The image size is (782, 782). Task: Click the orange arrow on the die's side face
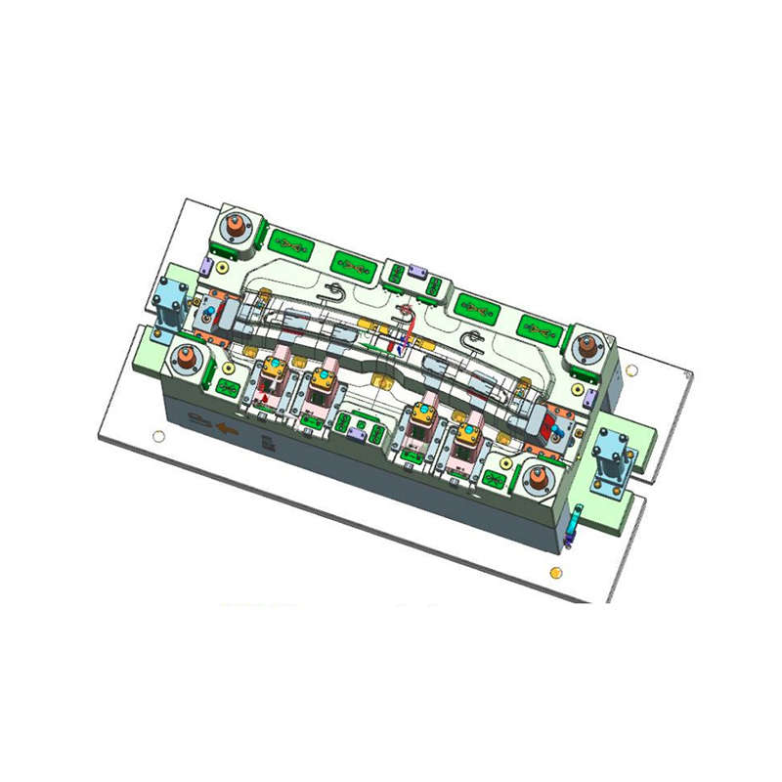229,428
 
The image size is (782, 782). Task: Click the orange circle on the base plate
556,572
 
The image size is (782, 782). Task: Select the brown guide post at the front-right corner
538,479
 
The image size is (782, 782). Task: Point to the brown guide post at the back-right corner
588,345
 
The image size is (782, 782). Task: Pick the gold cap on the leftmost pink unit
273,367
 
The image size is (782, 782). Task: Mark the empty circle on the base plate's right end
632,369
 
